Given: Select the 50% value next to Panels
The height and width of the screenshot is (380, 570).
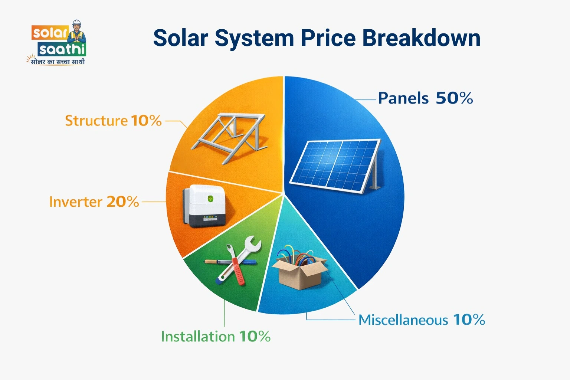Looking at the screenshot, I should point(454,98).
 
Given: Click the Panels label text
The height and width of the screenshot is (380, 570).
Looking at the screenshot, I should point(403,99).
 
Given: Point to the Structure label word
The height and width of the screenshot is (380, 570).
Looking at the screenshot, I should point(96,121).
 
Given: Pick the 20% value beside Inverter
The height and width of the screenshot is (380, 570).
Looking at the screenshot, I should point(122,202).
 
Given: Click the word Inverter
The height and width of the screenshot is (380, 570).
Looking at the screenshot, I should point(75,202).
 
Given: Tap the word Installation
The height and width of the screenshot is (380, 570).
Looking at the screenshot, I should point(198,337).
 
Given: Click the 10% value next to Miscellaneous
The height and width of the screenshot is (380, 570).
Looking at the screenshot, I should point(469,320).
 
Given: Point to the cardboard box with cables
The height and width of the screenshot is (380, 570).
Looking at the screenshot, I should point(299,269).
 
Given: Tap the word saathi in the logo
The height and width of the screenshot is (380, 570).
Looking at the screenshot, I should point(62,49).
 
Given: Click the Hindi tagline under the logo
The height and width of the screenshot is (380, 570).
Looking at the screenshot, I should point(58,62).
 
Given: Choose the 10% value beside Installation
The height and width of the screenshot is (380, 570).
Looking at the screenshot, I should point(255,337).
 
